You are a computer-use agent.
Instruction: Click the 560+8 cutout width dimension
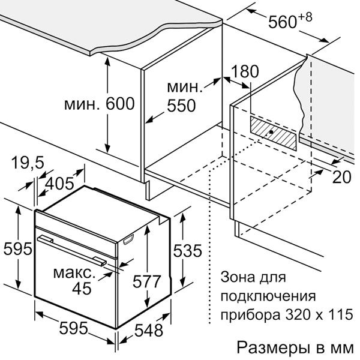coord(290,20)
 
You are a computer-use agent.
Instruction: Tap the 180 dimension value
coord(245,71)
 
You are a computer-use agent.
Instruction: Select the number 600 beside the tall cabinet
coord(120,104)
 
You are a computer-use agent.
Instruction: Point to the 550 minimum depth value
coord(181,106)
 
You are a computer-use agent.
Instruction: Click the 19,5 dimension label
coord(28,163)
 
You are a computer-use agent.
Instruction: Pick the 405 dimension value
coord(59,184)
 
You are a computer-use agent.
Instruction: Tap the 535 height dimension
coord(188,250)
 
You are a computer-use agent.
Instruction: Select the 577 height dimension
coord(147,281)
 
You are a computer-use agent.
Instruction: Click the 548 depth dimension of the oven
coord(149,331)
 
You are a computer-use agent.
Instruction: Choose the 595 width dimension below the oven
coord(74,328)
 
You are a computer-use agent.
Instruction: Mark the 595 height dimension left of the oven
coord(18,248)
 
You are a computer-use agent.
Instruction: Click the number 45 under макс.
coord(82,289)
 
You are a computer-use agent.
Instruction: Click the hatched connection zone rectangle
coord(273,133)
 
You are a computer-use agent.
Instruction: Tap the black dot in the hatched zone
coord(271,132)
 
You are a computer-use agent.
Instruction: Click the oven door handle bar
coord(72,250)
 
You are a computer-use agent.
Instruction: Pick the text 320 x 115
coord(319,314)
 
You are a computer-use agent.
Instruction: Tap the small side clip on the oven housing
coord(129,239)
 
